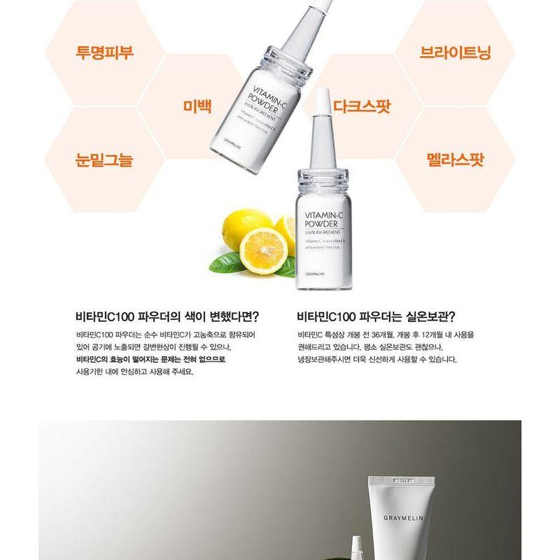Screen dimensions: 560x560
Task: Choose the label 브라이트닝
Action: point(455,52)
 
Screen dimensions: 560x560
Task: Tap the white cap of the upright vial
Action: point(323,112)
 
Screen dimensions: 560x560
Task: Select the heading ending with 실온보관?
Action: point(381,316)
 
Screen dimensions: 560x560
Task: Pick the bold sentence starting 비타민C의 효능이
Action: point(150,359)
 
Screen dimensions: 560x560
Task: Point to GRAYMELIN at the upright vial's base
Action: point(316,274)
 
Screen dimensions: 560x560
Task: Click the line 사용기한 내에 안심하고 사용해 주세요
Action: point(134,372)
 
